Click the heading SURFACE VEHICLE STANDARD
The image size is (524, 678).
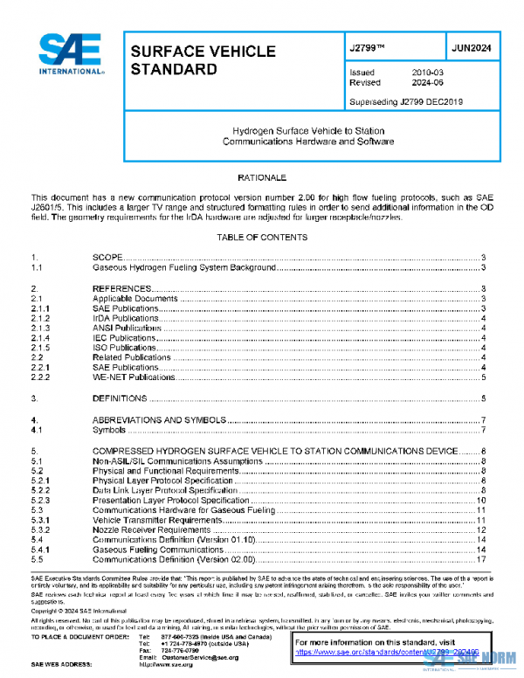(x=203, y=59)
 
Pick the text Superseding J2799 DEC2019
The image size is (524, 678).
(x=405, y=101)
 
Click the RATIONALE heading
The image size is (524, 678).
(x=262, y=177)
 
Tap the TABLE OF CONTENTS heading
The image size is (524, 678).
(x=262, y=237)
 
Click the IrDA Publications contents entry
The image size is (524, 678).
(x=125, y=318)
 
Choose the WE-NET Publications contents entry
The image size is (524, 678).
(x=134, y=377)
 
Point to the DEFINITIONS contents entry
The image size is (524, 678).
(x=120, y=398)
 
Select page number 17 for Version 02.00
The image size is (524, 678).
(x=481, y=558)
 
